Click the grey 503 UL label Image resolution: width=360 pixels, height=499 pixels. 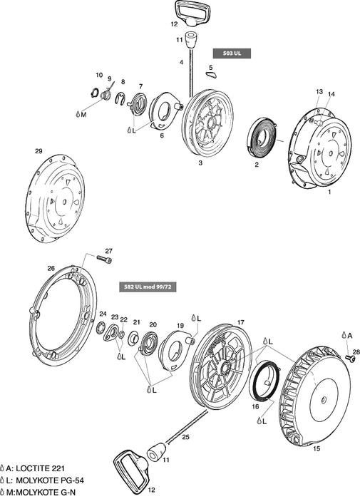click(232, 53)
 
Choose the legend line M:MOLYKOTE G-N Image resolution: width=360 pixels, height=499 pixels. click(39, 492)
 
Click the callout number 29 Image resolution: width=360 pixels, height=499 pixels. click(38, 151)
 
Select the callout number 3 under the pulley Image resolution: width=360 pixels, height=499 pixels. click(200, 163)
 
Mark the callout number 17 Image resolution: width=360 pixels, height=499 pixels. click(241, 321)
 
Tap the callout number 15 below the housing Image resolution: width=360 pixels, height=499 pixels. click(317, 448)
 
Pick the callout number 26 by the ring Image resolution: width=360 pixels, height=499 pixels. click(51, 268)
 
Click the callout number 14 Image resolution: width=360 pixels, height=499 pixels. click(330, 93)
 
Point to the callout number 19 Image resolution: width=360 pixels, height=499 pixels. click(181, 326)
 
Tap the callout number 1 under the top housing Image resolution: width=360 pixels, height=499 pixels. click(329, 192)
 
